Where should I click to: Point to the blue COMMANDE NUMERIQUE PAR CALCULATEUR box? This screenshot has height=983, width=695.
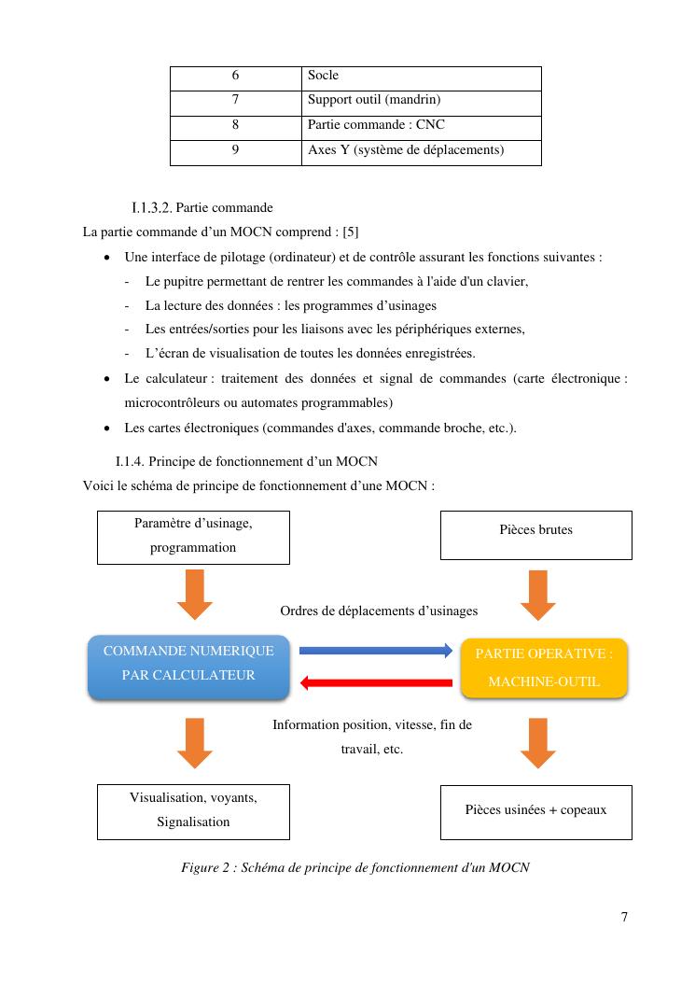coord(188,666)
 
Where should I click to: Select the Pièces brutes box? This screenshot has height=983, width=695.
coord(535,535)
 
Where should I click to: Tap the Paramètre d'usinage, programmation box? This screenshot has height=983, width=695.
coord(193,537)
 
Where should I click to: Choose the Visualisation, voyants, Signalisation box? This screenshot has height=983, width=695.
coord(193,811)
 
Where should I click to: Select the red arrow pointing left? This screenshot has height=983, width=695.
coord(376,683)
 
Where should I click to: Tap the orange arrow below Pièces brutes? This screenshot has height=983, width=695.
coord(537,595)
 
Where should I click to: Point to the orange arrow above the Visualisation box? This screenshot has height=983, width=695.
coord(194,742)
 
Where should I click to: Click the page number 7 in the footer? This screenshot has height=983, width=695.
coord(624,917)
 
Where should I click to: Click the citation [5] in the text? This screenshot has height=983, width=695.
coord(351,232)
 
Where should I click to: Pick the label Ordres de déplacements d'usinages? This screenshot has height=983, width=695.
coord(379,611)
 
